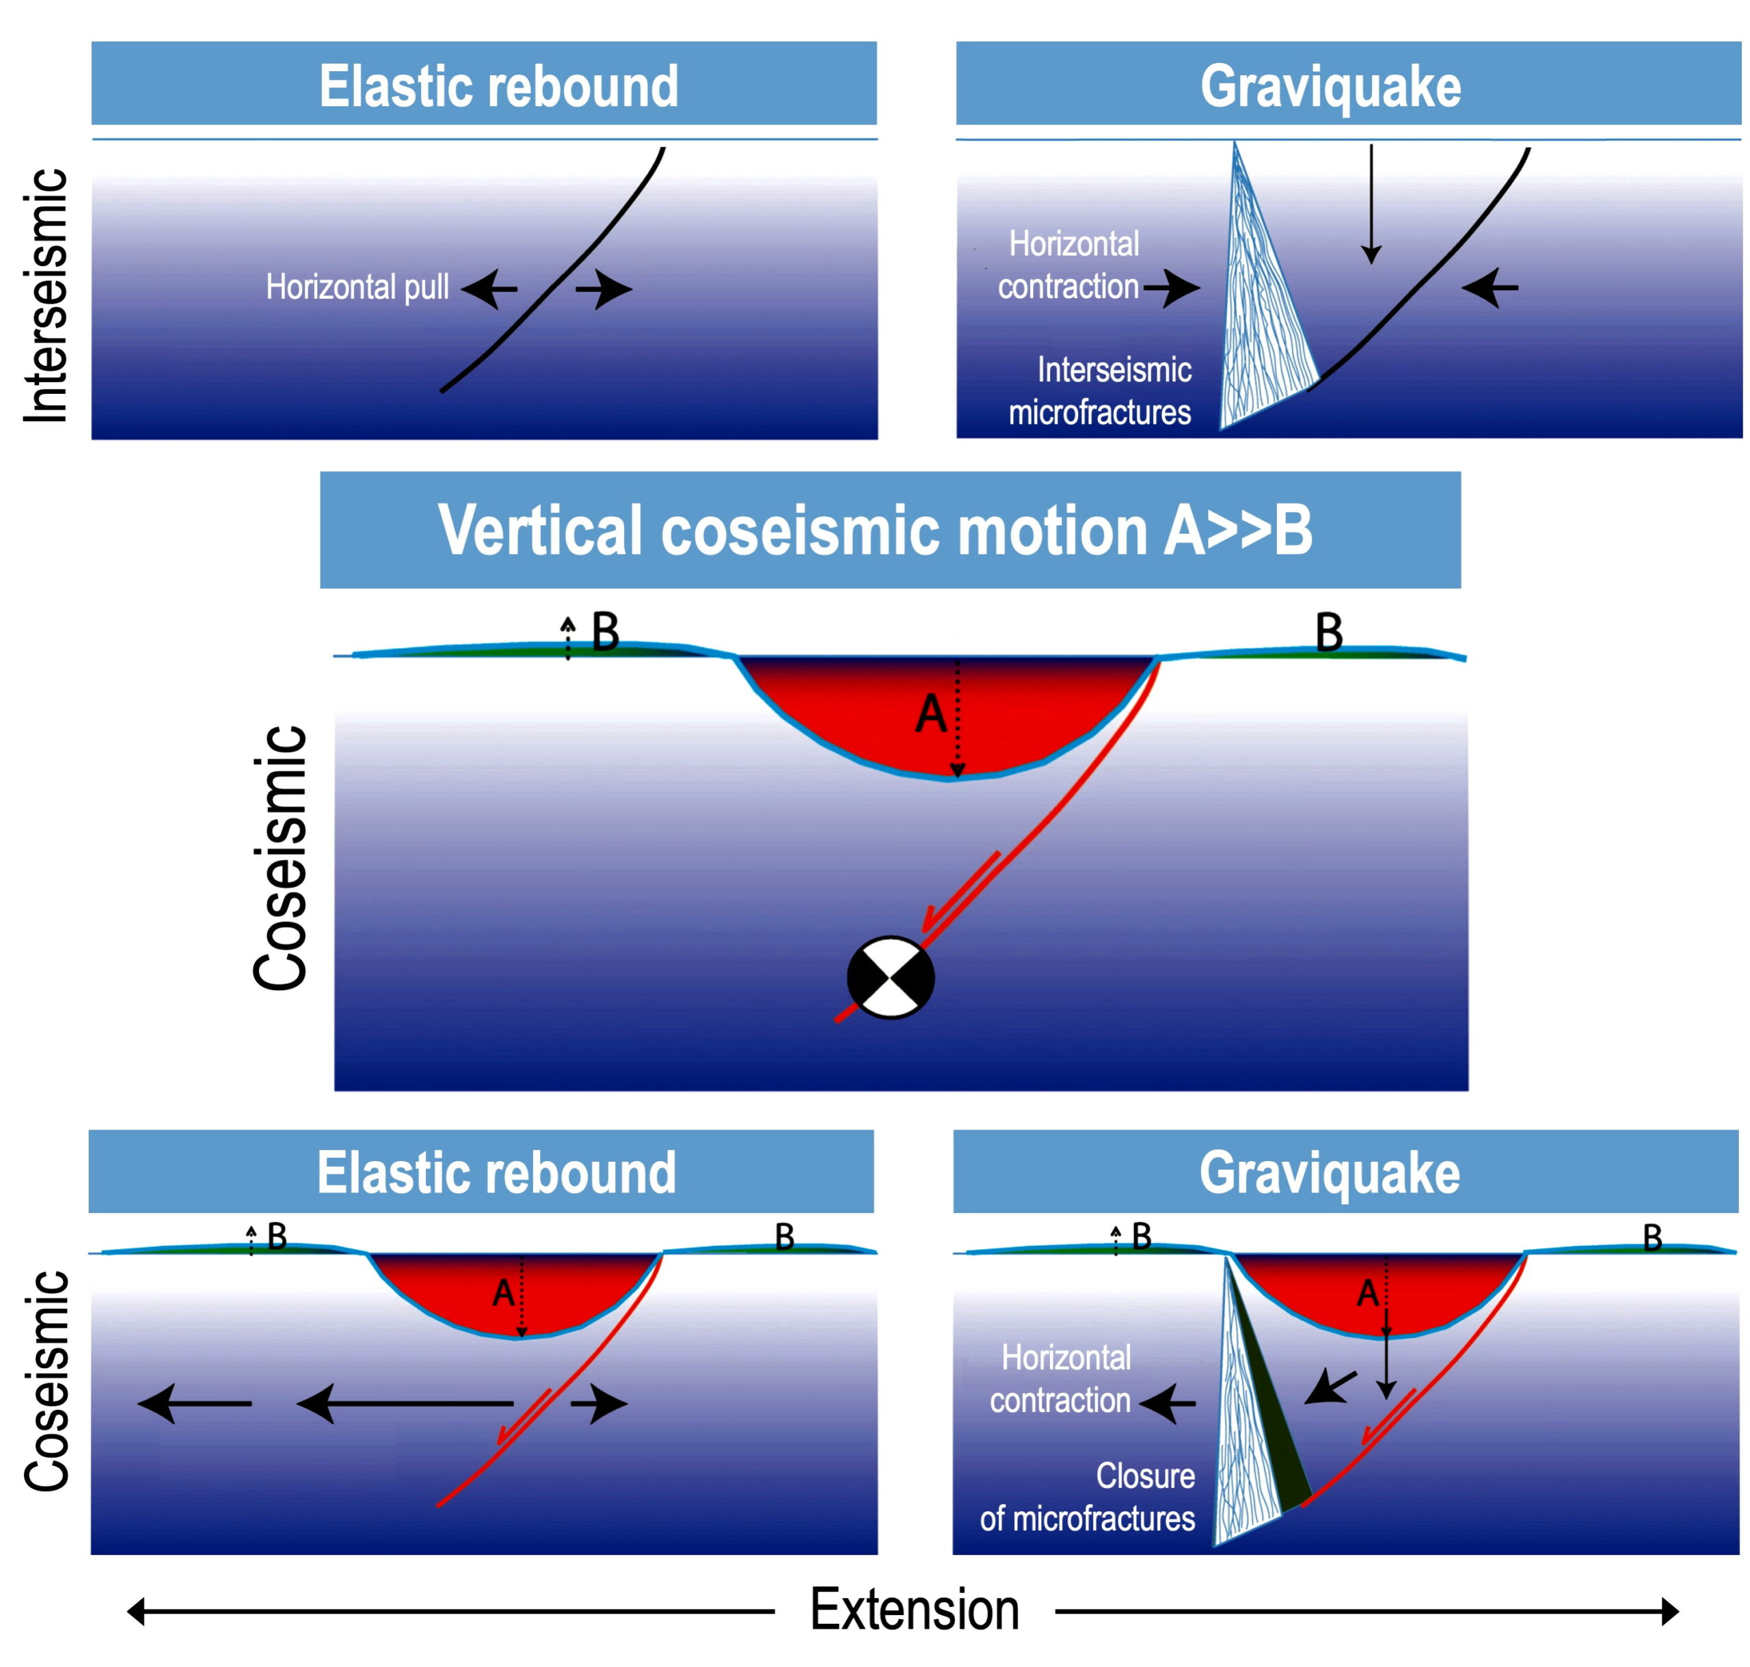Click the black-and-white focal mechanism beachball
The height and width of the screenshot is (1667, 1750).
[890, 976]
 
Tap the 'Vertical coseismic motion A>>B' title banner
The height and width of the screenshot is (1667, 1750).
[890, 530]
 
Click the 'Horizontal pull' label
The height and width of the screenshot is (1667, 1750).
[357, 287]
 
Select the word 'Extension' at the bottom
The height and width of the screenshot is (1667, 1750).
[914, 1610]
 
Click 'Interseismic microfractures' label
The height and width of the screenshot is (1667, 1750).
[1100, 391]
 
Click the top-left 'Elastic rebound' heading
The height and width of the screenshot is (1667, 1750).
[498, 86]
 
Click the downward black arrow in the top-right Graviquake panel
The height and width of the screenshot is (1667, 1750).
[1371, 204]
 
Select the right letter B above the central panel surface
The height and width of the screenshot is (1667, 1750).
[1329, 632]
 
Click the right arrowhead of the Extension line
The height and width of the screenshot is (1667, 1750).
[1669, 1611]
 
